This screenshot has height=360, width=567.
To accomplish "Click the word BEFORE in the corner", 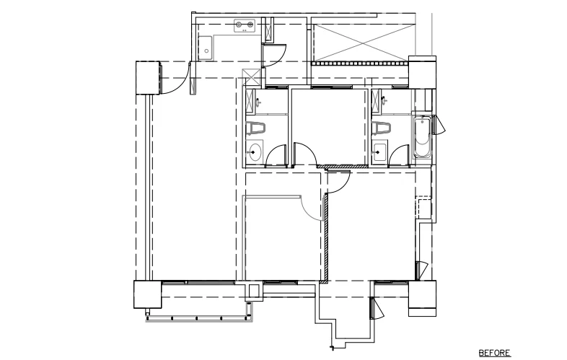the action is point(495,353).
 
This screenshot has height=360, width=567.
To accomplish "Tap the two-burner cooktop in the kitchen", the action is point(245,26).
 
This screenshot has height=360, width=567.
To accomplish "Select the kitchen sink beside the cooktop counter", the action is point(206,48).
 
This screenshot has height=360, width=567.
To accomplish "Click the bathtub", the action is point(422,137).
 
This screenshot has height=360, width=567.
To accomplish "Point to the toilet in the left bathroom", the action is point(255,128).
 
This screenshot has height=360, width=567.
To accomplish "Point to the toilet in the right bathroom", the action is point(381,128).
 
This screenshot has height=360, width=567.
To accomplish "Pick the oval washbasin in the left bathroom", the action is point(255,152).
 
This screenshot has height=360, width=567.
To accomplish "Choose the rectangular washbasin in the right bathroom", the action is point(379,152).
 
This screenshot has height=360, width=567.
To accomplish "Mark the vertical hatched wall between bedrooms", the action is point(326,237).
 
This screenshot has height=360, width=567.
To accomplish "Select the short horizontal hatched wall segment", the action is point(343,167).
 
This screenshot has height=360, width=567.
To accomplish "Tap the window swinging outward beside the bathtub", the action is point(439,125).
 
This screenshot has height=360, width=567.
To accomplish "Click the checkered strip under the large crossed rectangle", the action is point(360,63).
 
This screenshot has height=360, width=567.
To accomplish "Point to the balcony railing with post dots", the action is point(198,319).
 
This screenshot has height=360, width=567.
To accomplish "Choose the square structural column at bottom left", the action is point(148,294).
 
